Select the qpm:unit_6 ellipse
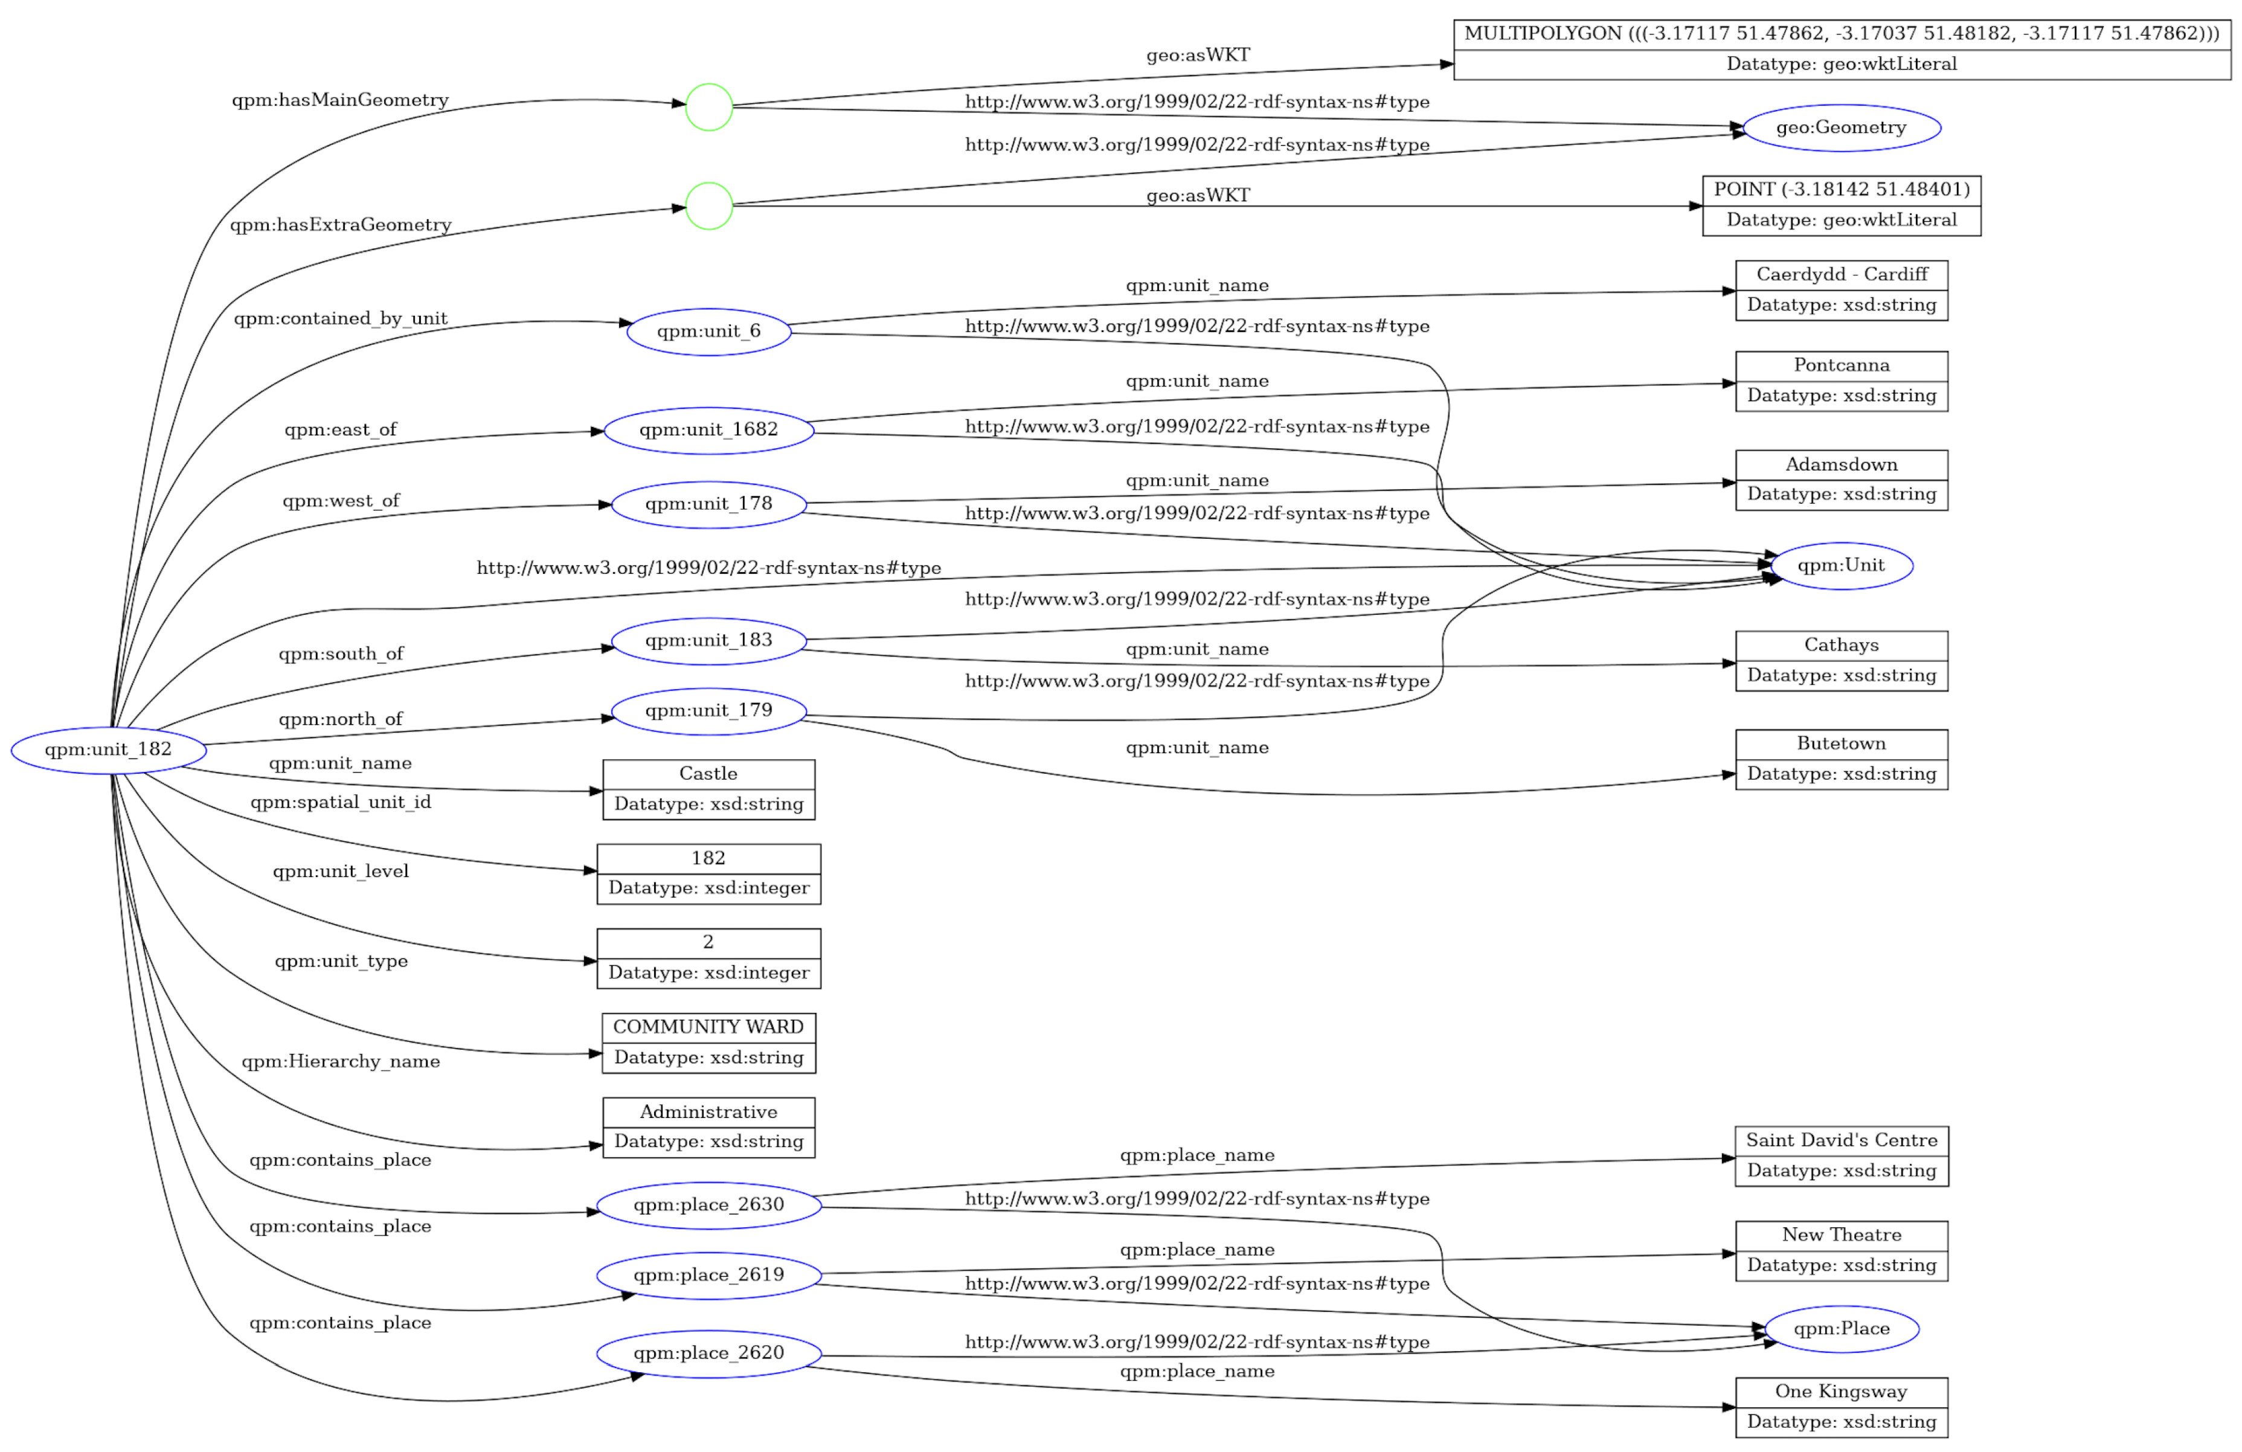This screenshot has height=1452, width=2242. click(708, 332)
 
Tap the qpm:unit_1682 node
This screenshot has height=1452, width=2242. click(708, 431)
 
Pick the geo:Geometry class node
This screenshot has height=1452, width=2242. click(1841, 128)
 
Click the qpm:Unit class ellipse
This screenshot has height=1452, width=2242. click(1841, 565)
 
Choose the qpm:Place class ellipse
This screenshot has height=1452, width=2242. click(1841, 1329)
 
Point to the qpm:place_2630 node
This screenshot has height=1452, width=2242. click(708, 1205)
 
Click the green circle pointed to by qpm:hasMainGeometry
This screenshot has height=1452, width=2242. click(708, 108)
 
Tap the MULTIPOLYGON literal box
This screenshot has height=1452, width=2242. click(1841, 49)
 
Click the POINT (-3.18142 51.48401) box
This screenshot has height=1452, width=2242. click(1841, 205)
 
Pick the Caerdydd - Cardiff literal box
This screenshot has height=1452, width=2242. click(1841, 290)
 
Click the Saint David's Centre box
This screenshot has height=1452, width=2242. click(1841, 1156)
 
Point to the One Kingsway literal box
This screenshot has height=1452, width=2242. click(1841, 1407)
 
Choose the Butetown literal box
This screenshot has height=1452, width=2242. click(1841, 759)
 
